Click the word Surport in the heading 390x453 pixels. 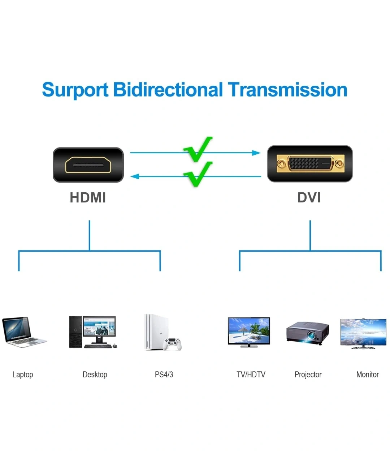[x=75, y=90]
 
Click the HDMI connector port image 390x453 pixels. [x=88, y=165]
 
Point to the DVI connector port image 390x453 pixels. [x=310, y=163]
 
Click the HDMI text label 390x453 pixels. [x=88, y=197]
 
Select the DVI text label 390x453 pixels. [x=309, y=197]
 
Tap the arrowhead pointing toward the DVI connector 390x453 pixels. [x=256, y=153]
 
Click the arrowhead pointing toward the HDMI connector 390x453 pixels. [x=135, y=176]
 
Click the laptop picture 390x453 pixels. [x=24, y=332]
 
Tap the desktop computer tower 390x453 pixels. [x=76, y=332]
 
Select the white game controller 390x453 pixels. [x=173, y=344]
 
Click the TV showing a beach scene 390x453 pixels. [x=249, y=332]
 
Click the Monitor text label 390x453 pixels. [x=368, y=374]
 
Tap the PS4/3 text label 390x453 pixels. [x=164, y=374]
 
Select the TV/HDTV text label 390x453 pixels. [x=251, y=374]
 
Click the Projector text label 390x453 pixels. [x=308, y=375]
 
